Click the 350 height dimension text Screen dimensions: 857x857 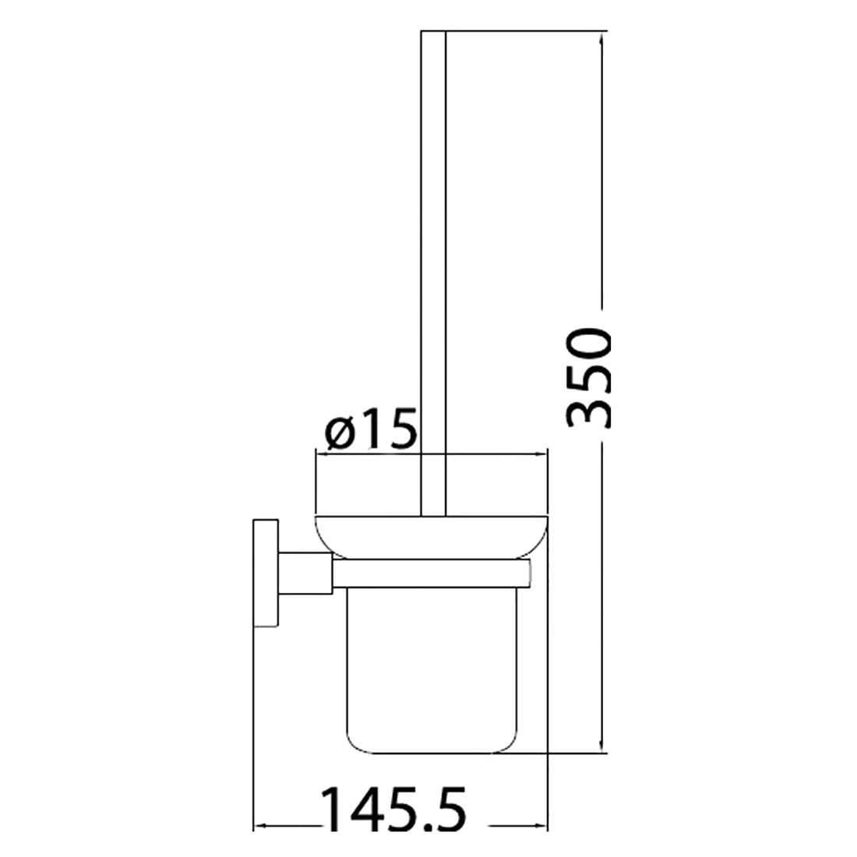590,378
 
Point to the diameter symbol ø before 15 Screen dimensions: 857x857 340,433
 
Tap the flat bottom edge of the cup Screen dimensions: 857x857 431,753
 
